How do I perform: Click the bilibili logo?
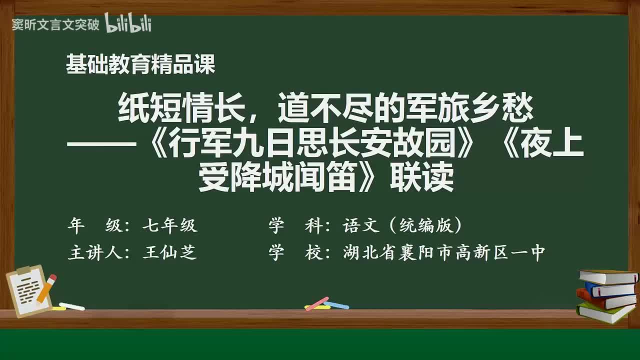pyautogui.click(x=128, y=23)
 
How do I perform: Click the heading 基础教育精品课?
pyautogui.click(x=140, y=64)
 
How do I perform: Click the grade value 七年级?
pyautogui.click(x=170, y=226)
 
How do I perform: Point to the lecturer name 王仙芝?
pyautogui.click(x=170, y=252)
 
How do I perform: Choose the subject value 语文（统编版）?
pyautogui.click(x=402, y=226)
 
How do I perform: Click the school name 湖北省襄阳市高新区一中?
pyautogui.click(x=444, y=252)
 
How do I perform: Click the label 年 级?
pyautogui.click(x=94, y=226)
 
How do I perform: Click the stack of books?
pyautogui.click(x=607, y=296)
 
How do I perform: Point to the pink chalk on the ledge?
pyautogui.click(x=317, y=303)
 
